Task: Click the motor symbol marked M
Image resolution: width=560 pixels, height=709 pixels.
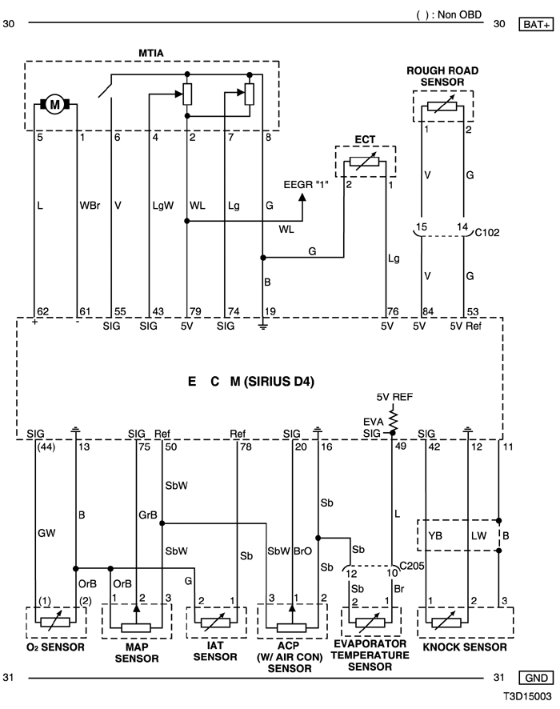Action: pyautogui.click(x=54, y=105)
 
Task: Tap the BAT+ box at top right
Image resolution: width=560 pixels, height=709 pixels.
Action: pyautogui.click(x=536, y=25)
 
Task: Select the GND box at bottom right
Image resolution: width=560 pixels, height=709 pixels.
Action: pyautogui.click(x=536, y=678)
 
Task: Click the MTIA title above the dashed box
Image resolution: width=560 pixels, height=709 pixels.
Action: pyautogui.click(x=151, y=53)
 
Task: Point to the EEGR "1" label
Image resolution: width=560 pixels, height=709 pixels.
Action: pyautogui.click(x=306, y=185)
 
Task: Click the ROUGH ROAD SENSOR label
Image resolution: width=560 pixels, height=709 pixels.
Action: pyautogui.click(x=442, y=76)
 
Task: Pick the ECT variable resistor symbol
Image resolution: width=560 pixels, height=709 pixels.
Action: pyautogui.click(x=365, y=161)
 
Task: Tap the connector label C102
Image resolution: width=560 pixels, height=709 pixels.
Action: pyautogui.click(x=486, y=232)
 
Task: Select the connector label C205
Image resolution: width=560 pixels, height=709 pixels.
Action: pyautogui.click(x=412, y=566)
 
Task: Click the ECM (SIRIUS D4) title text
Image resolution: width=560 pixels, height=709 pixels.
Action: pyautogui.click(x=251, y=382)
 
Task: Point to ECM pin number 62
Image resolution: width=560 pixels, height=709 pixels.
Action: pyautogui.click(x=43, y=311)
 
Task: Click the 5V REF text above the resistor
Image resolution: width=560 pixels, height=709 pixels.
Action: pyautogui.click(x=394, y=397)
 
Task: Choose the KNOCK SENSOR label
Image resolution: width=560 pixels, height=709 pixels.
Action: pyautogui.click(x=465, y=647)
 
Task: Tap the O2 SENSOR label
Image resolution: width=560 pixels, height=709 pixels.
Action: pyautogui.click(x=55, y=647)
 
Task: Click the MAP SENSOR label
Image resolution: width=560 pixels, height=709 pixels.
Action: pyautogui.click(x=137, y=653)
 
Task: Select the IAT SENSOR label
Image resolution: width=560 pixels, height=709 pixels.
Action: pyautogui.click(x=215, y=651)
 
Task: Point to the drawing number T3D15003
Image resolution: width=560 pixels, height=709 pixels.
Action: pyautogui.click(x=528, y=697)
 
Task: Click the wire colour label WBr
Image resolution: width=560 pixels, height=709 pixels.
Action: pyautogui.click(x=90, y=206)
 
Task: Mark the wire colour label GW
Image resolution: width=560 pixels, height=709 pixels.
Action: pyautogui.click(x=46, y=534)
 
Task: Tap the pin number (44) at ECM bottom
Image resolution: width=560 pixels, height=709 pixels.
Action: pyautogui.click(x=45, y=447)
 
